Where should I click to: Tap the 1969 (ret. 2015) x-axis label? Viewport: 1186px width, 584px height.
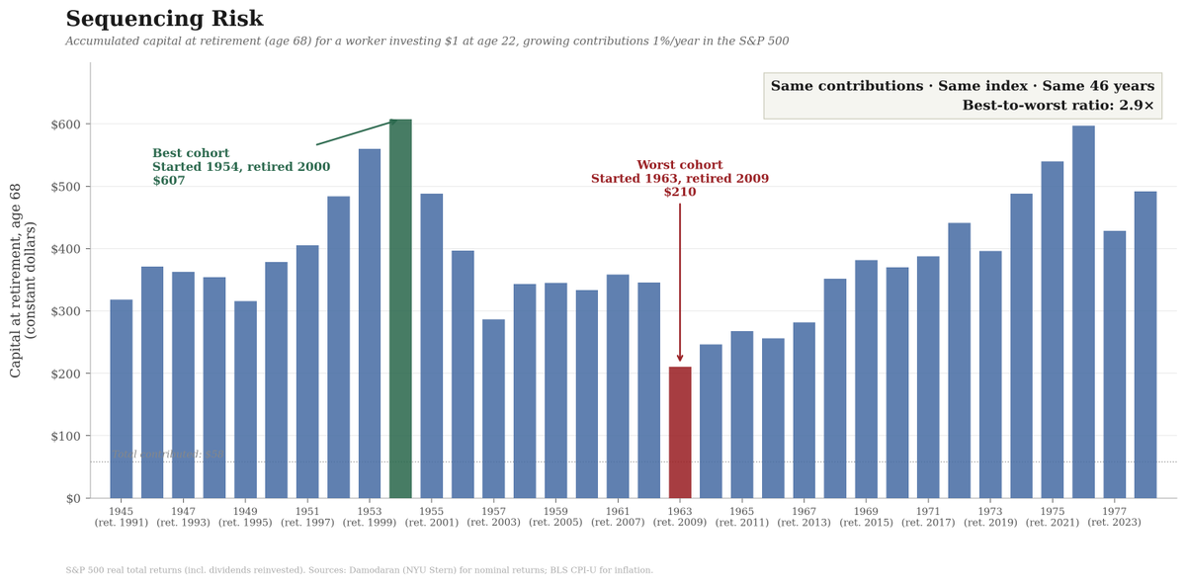(x=866, y=517)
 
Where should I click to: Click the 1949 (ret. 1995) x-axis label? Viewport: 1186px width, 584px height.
(x=245, y=517)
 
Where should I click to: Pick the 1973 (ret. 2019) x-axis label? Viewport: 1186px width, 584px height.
(x=990, y=517)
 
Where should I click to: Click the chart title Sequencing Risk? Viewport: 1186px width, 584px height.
(x=164, y=20)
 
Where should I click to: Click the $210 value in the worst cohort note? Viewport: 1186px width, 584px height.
(x=680, y=193)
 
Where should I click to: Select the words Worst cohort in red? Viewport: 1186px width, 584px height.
(x=680, y=165)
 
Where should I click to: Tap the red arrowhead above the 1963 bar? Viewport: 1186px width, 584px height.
(x=680, y=358)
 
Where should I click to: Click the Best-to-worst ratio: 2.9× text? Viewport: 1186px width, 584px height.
(x=1058, y=106)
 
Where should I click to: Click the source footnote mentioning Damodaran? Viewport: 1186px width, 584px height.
(x=359, y=570)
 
